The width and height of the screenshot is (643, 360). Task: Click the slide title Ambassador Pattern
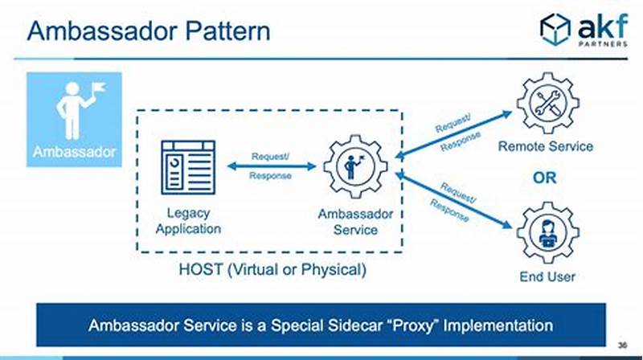[149, 31]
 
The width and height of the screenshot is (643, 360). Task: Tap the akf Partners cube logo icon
[555, 29]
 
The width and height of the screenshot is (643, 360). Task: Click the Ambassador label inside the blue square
[74, 151]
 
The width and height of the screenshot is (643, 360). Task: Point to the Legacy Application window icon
[188, 166]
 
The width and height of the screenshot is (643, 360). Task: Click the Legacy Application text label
[188, 221]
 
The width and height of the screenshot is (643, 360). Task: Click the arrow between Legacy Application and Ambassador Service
[271, 166]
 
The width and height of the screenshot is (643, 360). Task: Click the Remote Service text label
[547, 146]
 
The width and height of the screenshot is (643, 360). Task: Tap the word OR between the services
[546, 177]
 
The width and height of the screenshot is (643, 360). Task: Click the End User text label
[547, 277]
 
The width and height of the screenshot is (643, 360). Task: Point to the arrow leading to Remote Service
[454, 133]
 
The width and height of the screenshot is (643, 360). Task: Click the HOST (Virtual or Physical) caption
[272, 270]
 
